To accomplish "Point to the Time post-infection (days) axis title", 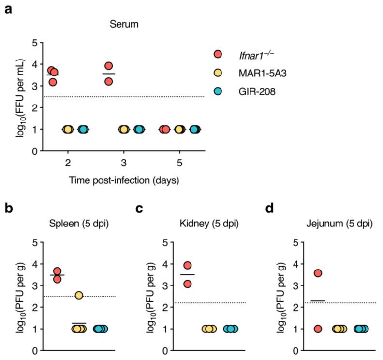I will pos(124,181).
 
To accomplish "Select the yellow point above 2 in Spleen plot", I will pos(79,295).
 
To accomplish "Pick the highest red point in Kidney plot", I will pos(188,265).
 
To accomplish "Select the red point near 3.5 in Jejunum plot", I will pos(318,273).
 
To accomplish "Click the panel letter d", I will pos(270,210).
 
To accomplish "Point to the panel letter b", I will pos(9,210).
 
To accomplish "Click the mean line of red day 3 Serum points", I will pos(109,74).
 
